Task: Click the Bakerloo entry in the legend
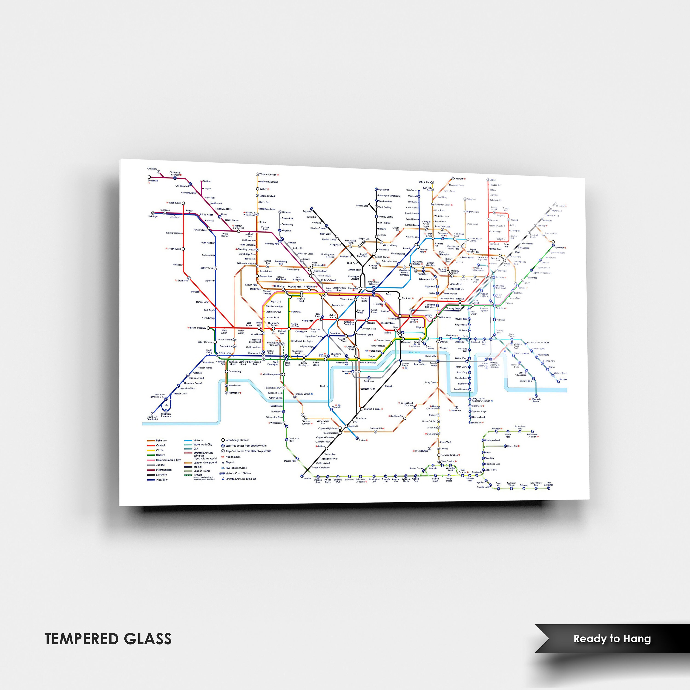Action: coord(161,440)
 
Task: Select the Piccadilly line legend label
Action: coord(161,480)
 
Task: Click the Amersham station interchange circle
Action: coord(149,177)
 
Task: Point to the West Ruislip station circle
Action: coord(183,203)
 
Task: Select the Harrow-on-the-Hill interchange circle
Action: coord(239,231)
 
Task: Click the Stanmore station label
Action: coord(286,212)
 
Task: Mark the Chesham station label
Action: coord(152,169)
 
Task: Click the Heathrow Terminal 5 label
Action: coord(152,418)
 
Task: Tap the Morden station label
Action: coord(307,478)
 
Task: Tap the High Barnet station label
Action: coord(384,190)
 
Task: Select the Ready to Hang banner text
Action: coord(612,638)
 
